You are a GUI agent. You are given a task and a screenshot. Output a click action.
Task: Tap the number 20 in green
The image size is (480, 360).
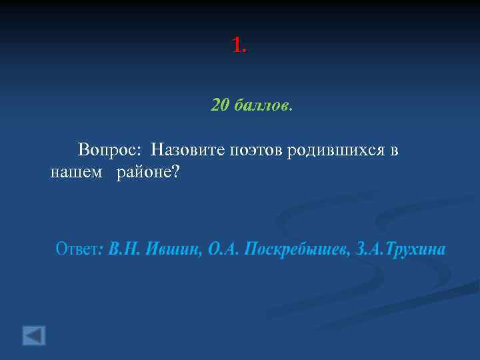(x=219, y=105)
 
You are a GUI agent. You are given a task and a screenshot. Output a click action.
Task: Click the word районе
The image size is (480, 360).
(x=143, y=173)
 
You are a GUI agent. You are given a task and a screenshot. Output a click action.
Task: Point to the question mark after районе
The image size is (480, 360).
(x=176, y=173)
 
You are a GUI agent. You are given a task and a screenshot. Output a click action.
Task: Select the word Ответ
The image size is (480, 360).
(x=75, y=250)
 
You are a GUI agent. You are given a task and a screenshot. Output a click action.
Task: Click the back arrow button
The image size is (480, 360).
(x=34, y=335)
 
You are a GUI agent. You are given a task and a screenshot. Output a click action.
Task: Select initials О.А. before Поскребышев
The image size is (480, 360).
(x=224, y=250)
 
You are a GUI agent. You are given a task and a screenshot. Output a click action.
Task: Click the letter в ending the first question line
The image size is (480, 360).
(x=394, y=150)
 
